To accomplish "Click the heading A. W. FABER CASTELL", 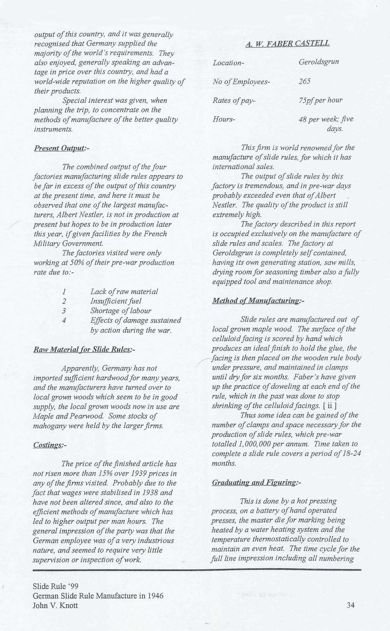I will pos(287,43).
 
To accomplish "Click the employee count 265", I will pos(305,82).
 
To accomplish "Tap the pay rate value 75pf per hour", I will pos(320,100).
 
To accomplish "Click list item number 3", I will pos(64,311).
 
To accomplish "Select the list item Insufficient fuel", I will pos(116,301).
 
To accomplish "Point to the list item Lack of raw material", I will pos(124,292).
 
